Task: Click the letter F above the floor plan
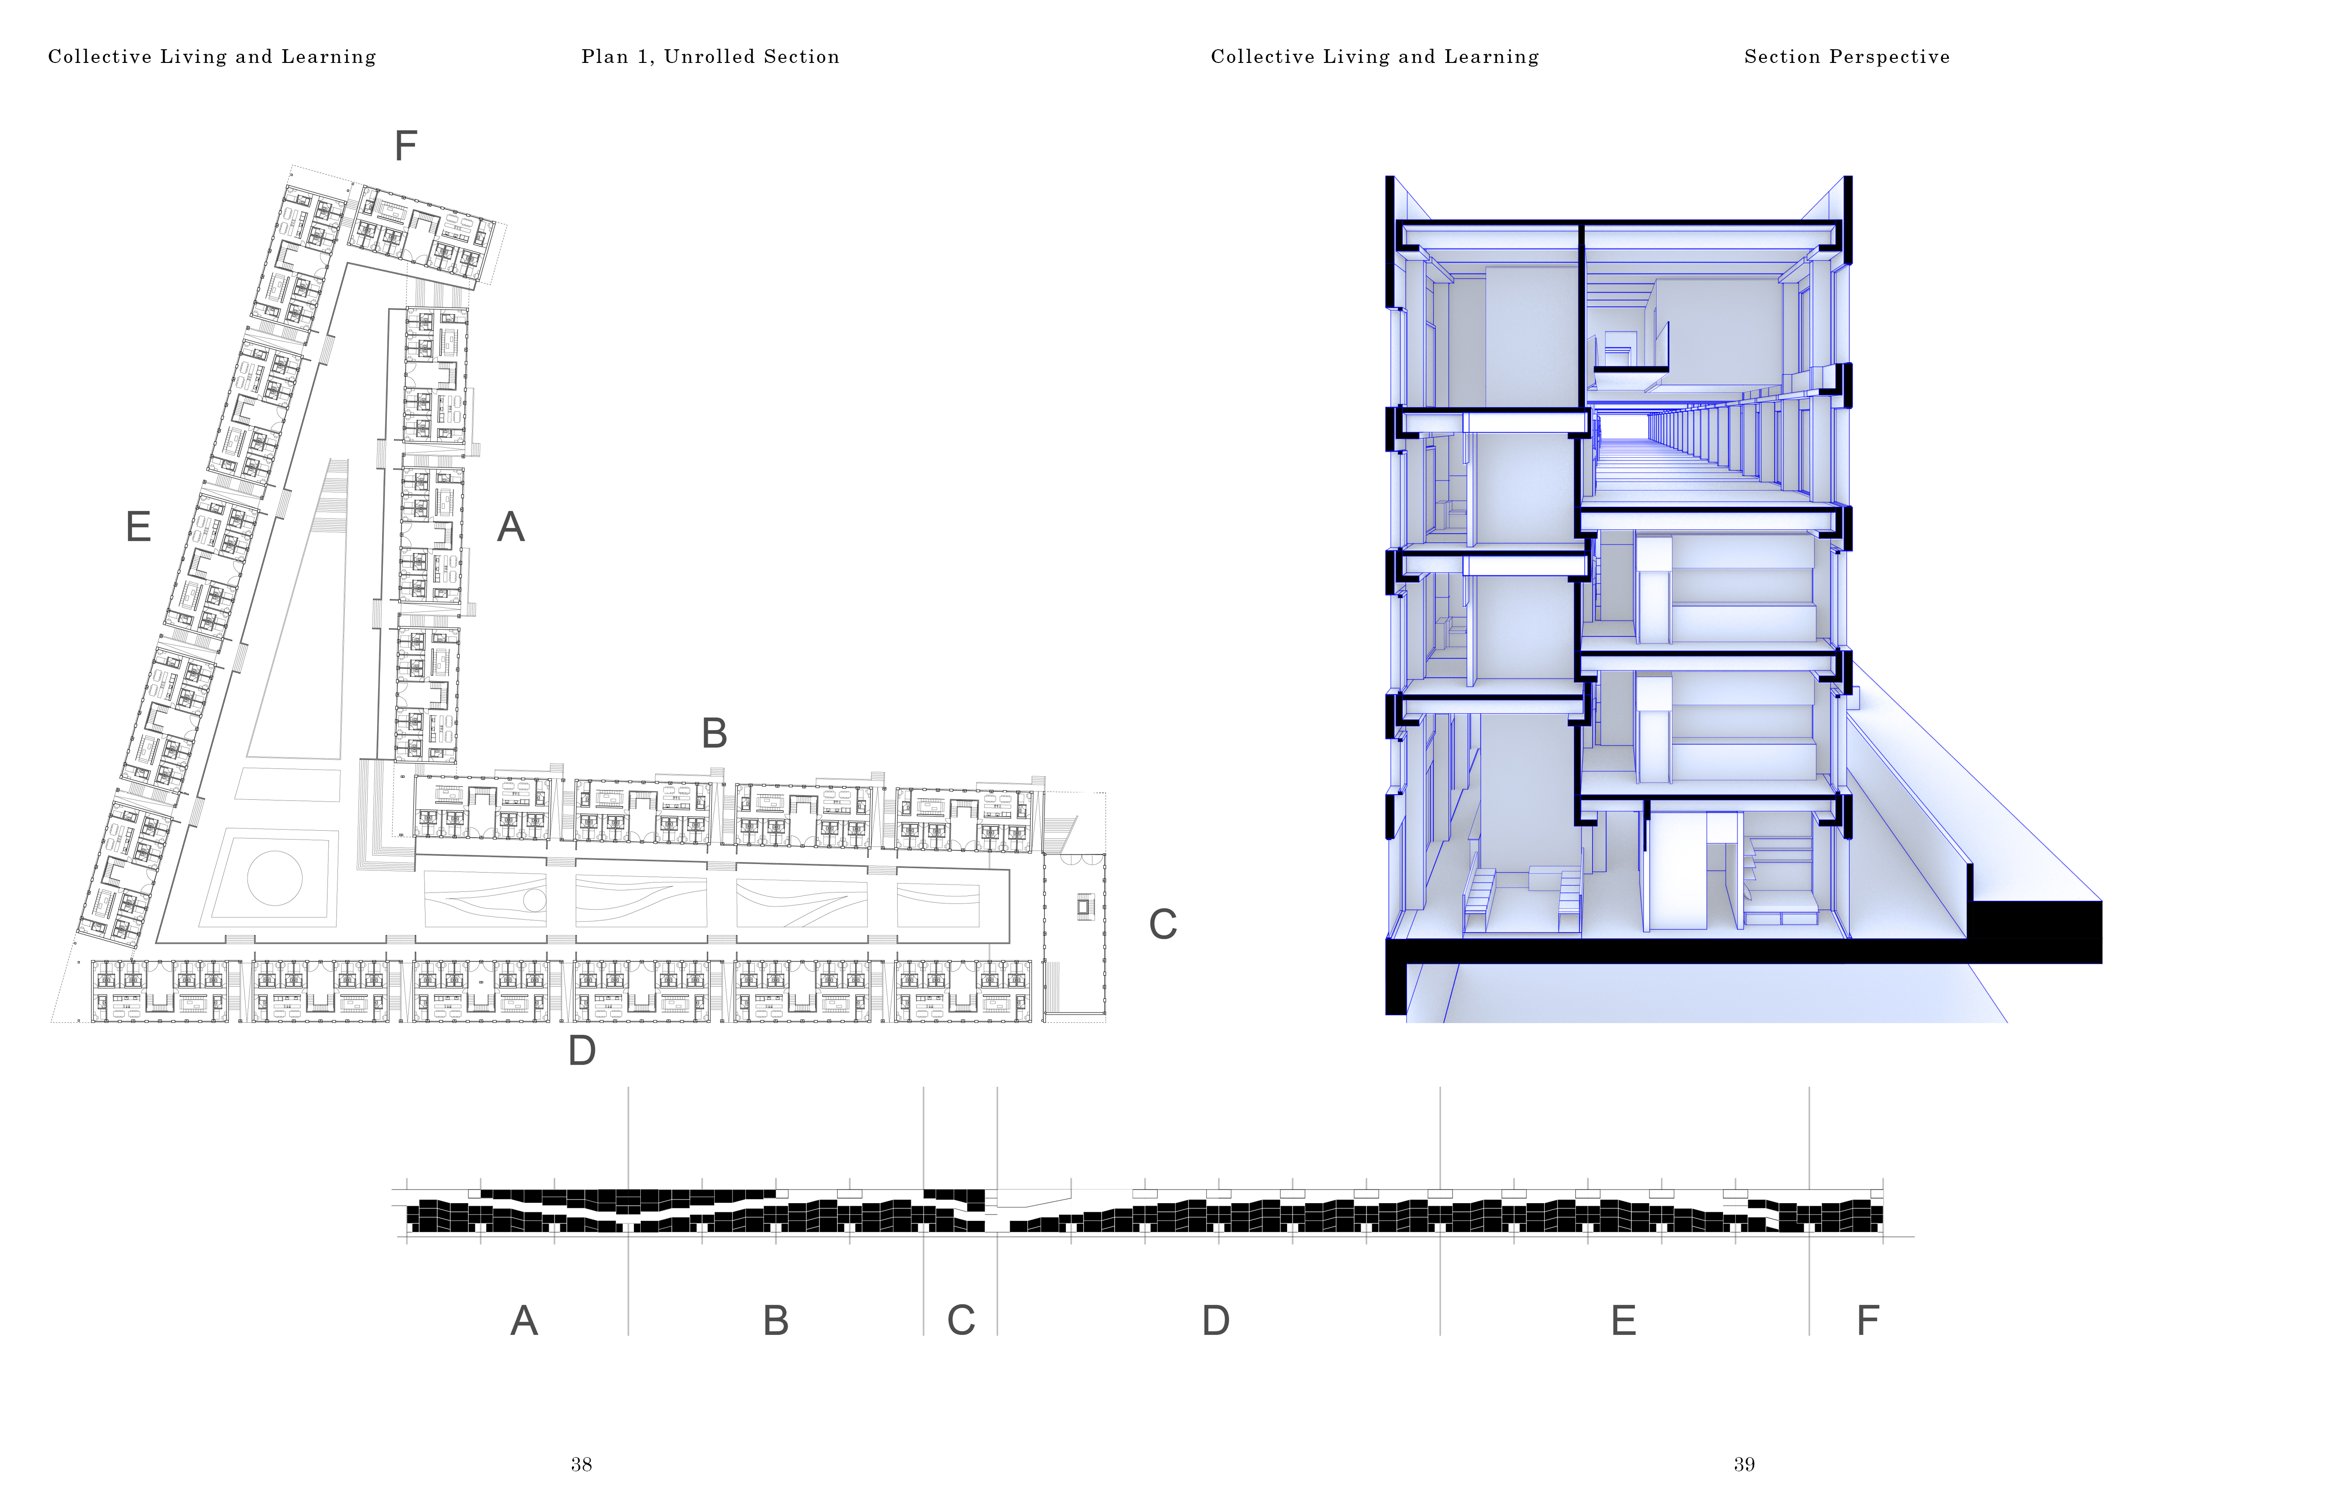405,147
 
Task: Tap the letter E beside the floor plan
139,528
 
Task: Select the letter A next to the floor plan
510,528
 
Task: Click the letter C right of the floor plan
1162,925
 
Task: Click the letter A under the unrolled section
524,1321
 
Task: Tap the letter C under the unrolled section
961,1321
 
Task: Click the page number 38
581,1464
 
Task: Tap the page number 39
1744,1464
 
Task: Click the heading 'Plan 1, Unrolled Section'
711,57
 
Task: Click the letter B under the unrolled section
775,1321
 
